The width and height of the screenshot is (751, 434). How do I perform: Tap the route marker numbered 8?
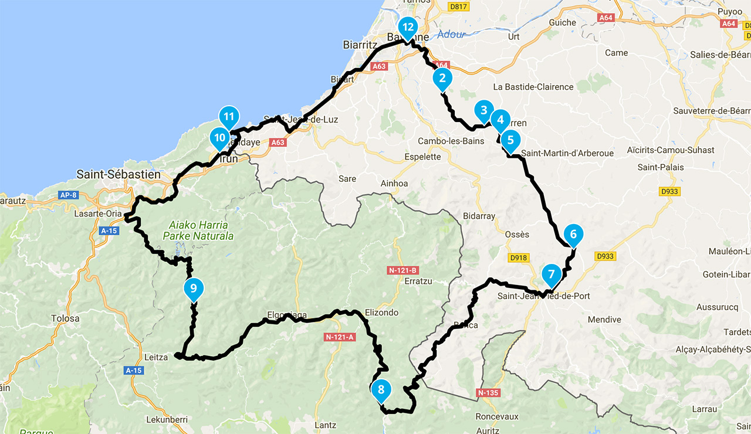[x=381, y=389]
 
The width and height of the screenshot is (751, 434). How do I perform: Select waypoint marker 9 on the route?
[x=193, y=289]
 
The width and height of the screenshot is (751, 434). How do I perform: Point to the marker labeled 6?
[x=573, y=235]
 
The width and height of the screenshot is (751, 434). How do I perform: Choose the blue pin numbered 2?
[x=442, y=78]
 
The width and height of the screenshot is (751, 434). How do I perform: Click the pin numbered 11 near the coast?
[x=229, y=116]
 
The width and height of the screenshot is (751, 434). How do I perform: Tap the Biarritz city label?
[x=360, y=45]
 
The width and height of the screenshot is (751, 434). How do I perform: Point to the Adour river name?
[x=451, y=35]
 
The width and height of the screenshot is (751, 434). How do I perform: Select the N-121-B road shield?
[x=402, y=270]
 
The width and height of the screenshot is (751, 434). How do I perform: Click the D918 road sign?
[x=518, y=257]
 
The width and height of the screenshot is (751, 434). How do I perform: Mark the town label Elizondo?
[x=381, y=313]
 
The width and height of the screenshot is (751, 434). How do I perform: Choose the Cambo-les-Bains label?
[x=451, y=141]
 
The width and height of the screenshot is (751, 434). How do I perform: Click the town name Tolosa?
[x=65, y=318]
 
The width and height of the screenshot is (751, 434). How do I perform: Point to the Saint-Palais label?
[x=661, y=167]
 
